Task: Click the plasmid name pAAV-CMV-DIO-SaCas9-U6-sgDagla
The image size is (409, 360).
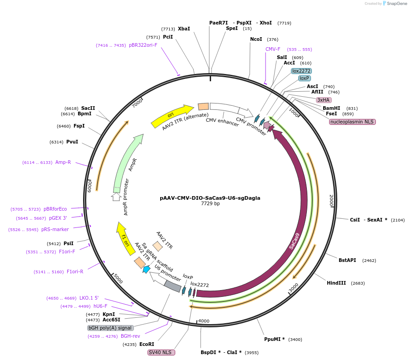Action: pos(210,198)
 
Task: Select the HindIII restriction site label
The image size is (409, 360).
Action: pos(336,283)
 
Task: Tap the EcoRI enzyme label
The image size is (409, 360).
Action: pos(146,344)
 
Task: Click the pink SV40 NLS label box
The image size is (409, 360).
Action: pos(161,352)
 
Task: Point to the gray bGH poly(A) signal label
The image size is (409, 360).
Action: pos(110,328)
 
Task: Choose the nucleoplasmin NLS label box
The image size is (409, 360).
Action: pos(352,122)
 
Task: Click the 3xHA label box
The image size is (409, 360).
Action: pos(324,100)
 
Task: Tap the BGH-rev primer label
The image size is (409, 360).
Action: pos(130,336)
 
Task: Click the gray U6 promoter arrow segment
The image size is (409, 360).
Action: pos(172,286)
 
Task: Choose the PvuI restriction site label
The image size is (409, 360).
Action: pos(72,142)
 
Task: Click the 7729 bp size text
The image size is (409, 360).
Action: pos(210,204)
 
